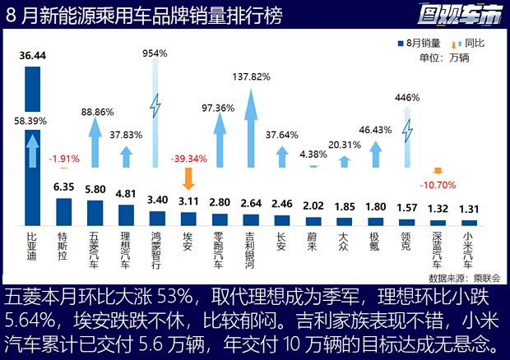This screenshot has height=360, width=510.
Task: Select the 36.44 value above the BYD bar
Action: pos(33,55)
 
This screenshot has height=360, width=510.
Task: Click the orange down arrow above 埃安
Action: pos(187,178)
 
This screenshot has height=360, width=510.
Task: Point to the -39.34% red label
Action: pos(188,159)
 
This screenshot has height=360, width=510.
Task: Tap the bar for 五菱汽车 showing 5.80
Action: pos(95,212)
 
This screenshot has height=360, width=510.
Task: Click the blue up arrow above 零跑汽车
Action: pos(219,148)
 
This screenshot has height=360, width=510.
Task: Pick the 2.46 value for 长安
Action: pos(282,203)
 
